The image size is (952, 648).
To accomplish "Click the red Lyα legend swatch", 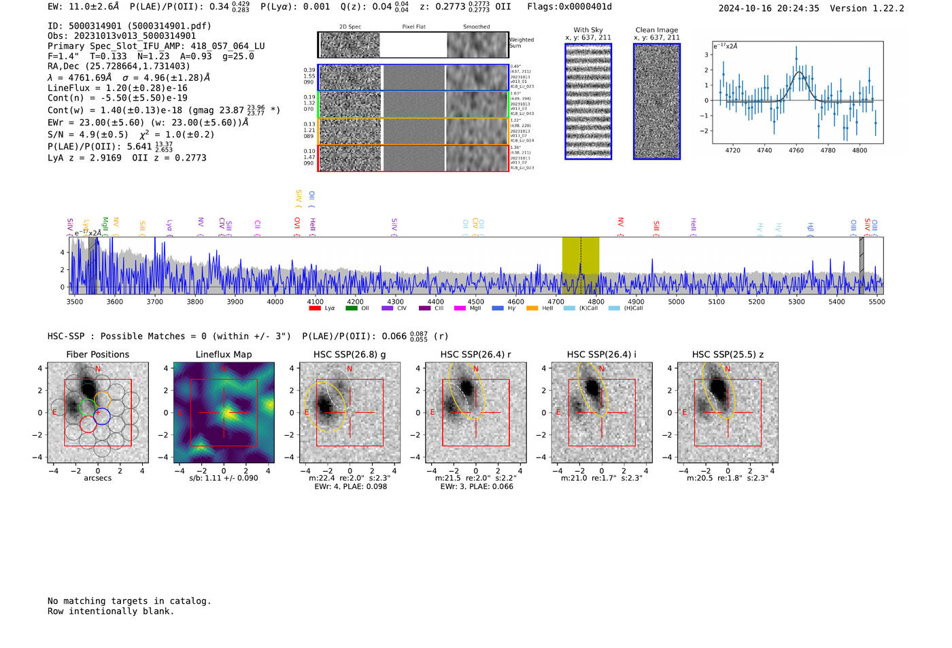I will point(314,308).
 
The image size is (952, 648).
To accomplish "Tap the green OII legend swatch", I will point(351,308).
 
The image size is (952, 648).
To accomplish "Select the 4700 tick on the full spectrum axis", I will point(556,301).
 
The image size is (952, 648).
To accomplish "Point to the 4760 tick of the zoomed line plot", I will point(796,150).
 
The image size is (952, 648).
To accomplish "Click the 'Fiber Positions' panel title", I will point(97,354).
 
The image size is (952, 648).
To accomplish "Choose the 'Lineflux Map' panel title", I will point(224,354).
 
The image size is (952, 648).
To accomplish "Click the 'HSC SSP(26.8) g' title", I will point(350,354).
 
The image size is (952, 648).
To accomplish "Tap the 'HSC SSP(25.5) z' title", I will point(728,354).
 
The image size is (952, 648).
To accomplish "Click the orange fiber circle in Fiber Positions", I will point(102,400).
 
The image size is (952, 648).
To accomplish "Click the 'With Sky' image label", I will point(588,30).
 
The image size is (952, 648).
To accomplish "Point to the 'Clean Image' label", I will point(656,30).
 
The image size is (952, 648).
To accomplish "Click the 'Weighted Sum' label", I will point(522,43).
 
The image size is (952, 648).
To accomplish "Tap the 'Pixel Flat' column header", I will point(413,27).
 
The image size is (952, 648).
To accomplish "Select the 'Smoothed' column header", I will point(476,27).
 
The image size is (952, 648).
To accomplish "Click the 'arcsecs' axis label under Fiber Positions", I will point(97,478).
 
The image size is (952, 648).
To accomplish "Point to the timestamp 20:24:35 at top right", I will point(797,8).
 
